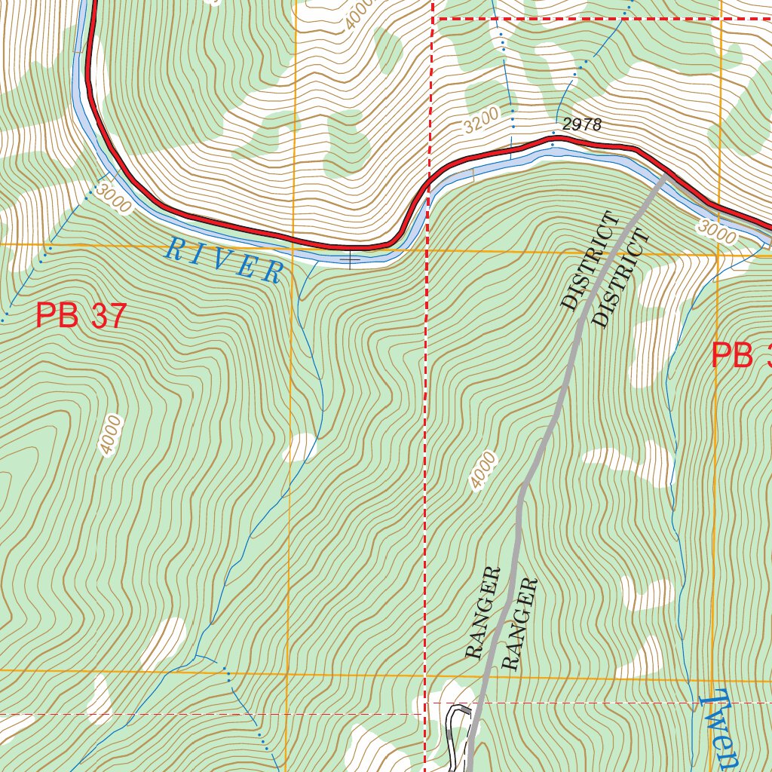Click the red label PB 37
[81, 315]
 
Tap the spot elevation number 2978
[581, 125]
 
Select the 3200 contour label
[482, 120]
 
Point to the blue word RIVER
[225, 260]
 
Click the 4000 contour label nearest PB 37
[110, 434]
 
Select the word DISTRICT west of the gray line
[590, 261]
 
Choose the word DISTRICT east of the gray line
[620, 279]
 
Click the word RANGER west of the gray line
[483, 612]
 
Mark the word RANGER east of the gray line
[520, 623]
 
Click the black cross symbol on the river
[350, 261]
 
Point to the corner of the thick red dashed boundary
[435, 18]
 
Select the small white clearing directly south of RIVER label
[300, 447]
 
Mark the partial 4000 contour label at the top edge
[360, 14]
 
